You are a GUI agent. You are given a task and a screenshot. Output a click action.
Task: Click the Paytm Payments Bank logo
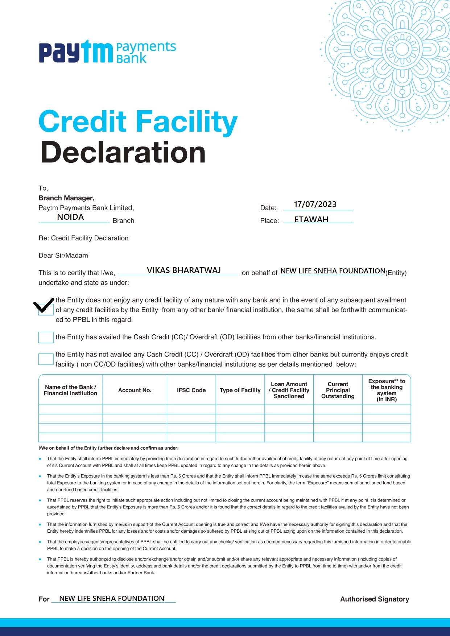coord(107,52)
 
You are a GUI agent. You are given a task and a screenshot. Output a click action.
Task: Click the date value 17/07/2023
coord(315,205)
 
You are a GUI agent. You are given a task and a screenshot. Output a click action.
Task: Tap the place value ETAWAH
coord(311,220)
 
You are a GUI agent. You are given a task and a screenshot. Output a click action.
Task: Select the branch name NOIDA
coord(70,217)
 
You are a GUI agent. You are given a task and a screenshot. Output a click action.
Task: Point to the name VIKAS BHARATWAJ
coord(183,270)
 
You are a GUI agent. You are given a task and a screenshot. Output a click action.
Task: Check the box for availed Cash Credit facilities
coord(46,337)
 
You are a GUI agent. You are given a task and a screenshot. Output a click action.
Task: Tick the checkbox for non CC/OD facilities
coord(46,359)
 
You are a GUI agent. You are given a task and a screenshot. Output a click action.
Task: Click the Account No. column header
coord(135,390)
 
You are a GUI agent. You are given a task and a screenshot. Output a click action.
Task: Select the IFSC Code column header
coord(191,390)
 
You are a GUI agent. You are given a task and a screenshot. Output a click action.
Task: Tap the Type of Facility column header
coord(240,390)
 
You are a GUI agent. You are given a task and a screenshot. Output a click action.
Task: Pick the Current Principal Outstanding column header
coord(338,390)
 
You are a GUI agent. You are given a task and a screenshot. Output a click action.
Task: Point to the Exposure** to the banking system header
coord(387,390)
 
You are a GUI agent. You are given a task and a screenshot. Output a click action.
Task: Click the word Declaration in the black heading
coord(123,152)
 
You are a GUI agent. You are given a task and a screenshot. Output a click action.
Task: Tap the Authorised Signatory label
coord(374,599)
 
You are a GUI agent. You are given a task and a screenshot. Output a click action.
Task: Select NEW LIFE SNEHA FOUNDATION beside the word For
coord(112,599)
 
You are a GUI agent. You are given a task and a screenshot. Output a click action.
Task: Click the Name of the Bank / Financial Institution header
coord(70,390)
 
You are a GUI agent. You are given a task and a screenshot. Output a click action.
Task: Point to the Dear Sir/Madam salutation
coord(63,256)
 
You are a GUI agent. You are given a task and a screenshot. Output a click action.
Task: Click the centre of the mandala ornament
coord(402,49)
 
